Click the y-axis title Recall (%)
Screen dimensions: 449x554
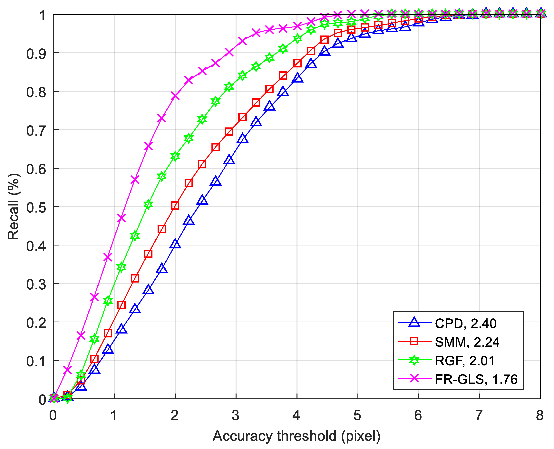click(14, 207)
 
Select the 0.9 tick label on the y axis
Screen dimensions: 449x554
click(36, 54)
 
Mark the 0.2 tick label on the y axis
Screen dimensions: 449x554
click(36, 323)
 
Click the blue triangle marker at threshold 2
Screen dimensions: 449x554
click(175, 244)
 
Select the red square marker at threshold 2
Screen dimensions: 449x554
click(175, 206)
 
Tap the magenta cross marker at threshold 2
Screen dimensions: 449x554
click(175, 96)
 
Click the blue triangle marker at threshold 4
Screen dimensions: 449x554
click(297, 78)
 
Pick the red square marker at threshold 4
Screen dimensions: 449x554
click(297, 63)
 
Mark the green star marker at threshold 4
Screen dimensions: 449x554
click(297, 39)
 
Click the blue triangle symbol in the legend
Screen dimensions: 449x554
click(414, 323)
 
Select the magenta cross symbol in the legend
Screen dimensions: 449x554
click(414, 378)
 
